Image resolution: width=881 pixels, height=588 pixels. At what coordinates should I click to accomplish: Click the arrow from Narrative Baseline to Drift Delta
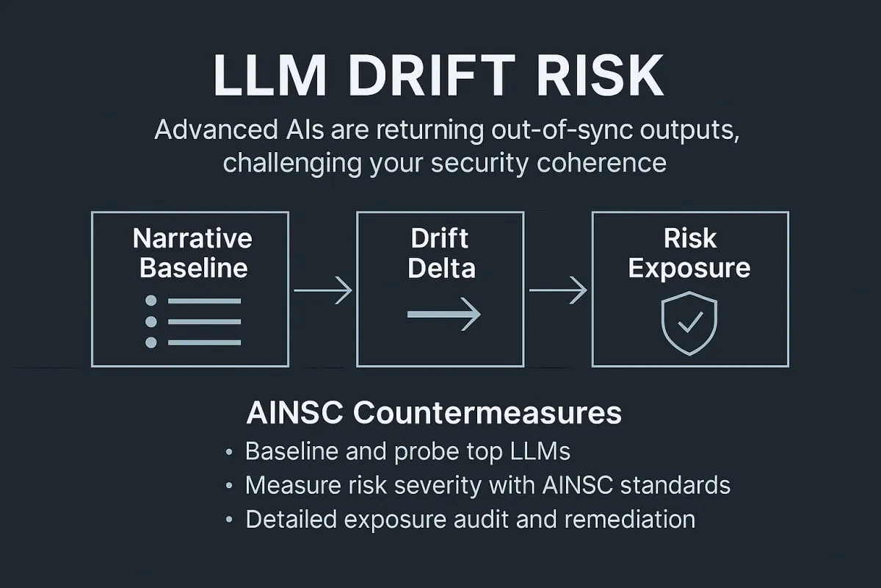tap(322, 291)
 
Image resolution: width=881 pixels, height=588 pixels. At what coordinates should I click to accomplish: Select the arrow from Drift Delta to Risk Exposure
tap(558, 291)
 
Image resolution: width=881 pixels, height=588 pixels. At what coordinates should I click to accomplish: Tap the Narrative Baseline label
tap(192, 252)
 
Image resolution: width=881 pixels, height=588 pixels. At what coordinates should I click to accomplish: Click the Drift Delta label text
tap(440, 252)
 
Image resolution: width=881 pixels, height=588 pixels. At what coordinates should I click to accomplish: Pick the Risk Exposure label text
tap(689, 252)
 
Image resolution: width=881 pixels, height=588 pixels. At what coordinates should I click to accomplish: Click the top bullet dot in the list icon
tap(152, 301)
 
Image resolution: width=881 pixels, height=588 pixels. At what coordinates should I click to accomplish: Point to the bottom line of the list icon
tap(204, 343)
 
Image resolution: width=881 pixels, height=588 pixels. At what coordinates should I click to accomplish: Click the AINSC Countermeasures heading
tap(434, 414)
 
